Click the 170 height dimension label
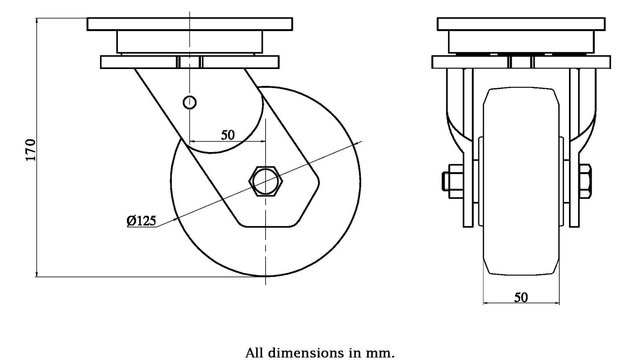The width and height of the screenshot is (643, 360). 31,150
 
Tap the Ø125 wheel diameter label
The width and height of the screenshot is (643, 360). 141,221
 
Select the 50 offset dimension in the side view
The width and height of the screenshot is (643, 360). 228,135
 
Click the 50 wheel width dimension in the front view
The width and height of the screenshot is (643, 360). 521,297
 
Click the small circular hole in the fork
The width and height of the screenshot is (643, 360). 190,102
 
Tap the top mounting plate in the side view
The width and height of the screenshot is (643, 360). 190,24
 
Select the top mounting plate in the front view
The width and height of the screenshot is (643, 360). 521,24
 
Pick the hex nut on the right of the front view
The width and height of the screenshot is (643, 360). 585,181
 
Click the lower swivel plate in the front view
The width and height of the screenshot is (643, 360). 476,62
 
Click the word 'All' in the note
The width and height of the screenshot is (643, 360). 254,353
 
